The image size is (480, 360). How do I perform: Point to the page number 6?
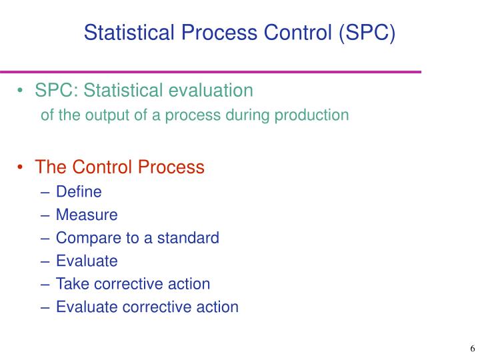click(472, 349)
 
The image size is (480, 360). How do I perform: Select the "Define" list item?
click(79, 192)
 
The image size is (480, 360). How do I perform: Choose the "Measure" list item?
click(87, 215)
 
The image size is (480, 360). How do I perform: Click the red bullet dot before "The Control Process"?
click(22, 167)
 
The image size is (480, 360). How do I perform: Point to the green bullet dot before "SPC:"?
click(22, 90)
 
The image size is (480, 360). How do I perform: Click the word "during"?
click(254, 115)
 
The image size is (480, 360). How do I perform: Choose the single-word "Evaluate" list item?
click(87, 261)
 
